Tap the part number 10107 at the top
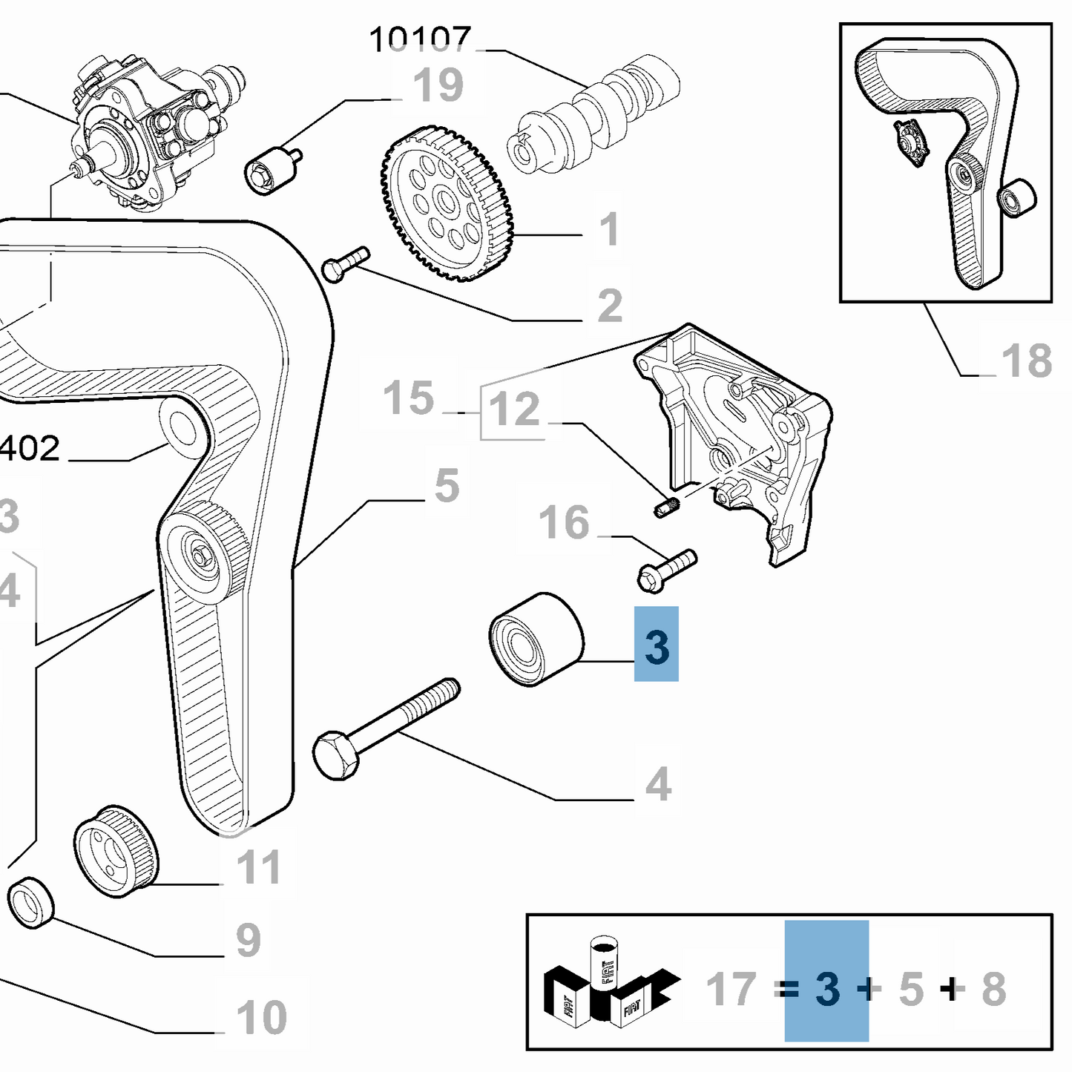420,39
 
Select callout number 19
438,85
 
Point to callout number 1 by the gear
609,229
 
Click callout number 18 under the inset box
1027,361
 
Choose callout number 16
564,523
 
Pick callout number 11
259,867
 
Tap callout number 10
261,1017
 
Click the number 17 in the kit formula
731,990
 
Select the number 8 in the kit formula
994,990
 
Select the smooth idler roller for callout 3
536,639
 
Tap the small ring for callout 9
31,901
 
